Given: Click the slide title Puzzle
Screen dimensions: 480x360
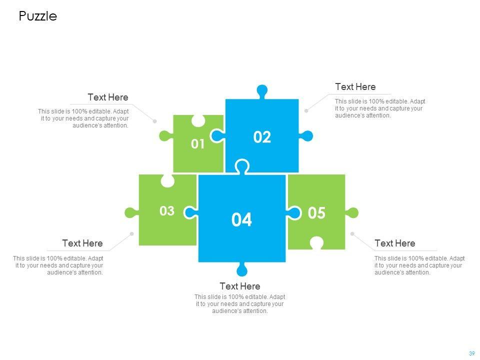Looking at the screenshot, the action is (x=38, y=16).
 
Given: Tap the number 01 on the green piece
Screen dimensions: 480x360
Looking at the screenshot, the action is (x=198, y=144).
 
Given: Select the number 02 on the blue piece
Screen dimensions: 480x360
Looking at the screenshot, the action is (x=262, y=137).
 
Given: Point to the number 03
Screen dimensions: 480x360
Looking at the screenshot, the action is (x=167, y=211).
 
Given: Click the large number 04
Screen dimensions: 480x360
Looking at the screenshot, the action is (x=242, y=220).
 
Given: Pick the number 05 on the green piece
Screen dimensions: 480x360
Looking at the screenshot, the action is (x=316, y=213).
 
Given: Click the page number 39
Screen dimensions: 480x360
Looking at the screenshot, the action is (x=471, y=353).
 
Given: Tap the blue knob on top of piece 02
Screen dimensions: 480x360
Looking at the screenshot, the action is (x=261, y=91).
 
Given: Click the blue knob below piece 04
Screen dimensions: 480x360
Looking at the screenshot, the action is (x=242, y=270).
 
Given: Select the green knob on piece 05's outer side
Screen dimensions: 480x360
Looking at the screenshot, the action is (x=352, y=212).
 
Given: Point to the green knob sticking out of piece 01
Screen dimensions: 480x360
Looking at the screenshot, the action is (x=164, y=135).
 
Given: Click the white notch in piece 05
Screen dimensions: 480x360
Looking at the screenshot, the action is (x=316, y=243).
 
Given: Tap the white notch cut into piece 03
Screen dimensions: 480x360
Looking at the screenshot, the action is (x=167, y=180).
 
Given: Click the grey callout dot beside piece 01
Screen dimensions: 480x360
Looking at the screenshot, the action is (x=155, y=121).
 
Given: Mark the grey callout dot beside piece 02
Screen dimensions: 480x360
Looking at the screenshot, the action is (x=306, y=110).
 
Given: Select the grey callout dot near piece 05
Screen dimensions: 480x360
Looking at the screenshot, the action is (x=352, y=233).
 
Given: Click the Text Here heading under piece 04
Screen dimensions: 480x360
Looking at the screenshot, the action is (x=240, y=286).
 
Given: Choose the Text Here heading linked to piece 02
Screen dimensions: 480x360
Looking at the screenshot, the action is (x=355, y=87).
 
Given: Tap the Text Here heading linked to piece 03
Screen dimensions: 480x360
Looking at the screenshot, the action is (x=82, y=243).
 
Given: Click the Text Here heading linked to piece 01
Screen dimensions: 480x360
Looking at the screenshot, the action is (x=108, y=97).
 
